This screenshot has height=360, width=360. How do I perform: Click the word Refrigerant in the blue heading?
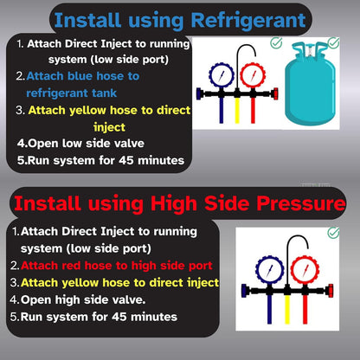tap(248, 21)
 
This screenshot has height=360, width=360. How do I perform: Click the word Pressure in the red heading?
tap(301, 203)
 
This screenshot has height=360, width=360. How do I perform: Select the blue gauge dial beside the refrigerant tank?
tap(222, 75)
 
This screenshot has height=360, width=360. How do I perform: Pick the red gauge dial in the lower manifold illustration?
tap(305, 270)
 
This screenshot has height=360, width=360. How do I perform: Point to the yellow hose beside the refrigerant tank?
tap(237, 110)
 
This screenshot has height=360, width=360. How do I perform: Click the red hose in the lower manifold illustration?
tap(305, 309)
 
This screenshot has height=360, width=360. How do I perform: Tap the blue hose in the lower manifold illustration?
tap(269, 309)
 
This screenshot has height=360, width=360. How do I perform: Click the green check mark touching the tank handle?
tap(334, 42)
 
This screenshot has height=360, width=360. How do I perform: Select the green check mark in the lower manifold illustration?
tap(333, 233)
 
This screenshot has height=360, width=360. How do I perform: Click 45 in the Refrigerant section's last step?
tap(126, 160)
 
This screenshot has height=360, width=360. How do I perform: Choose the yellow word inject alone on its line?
tap(109, 127)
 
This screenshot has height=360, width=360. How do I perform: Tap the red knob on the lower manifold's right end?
tap(331, 290)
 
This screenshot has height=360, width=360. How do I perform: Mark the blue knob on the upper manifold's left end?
tap(199, 94)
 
